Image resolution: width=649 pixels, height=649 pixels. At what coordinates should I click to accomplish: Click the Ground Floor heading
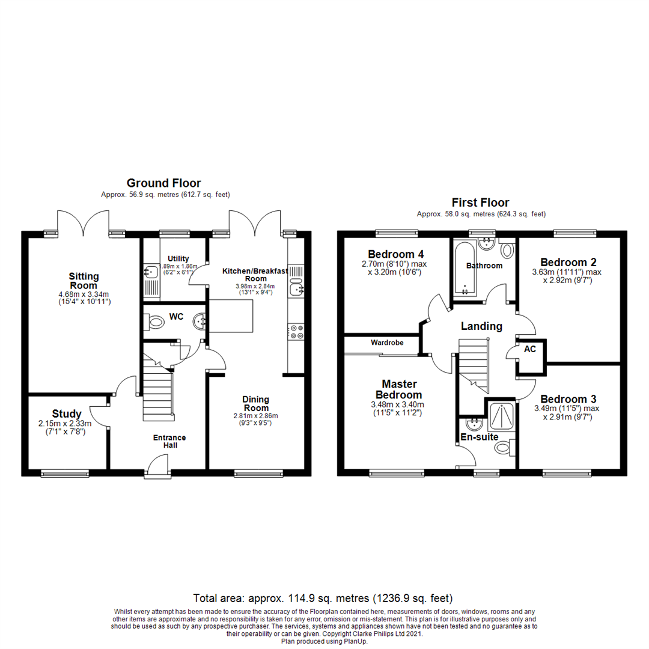coord(163,183)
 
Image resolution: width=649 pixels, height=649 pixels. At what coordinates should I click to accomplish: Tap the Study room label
coord(67,413)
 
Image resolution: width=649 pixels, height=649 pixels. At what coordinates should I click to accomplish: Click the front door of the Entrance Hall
coord(158,468)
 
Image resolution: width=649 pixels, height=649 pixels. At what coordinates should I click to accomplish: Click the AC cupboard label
coord(530,349)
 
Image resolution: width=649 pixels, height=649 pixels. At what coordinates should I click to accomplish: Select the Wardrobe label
coord(386,343)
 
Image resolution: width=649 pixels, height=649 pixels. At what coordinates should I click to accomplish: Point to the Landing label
coord(481,326)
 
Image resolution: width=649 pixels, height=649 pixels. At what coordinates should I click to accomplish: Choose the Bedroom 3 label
coord(568,400)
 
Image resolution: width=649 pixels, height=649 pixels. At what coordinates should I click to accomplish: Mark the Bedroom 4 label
coord(387,252)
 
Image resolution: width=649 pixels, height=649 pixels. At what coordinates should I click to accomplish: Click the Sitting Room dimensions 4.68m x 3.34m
coord(84,294)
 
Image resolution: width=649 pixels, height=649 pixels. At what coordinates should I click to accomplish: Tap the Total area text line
coord(323,598)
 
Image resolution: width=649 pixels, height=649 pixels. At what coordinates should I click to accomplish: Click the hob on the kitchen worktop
coord(296,332)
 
